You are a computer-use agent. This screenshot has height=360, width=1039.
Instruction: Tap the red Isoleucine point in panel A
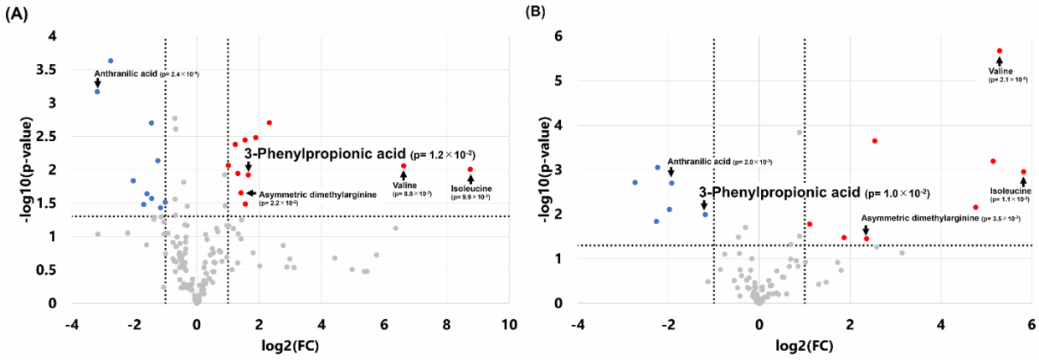pos(470,169)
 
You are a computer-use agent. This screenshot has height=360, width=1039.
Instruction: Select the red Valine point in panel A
pos(404,166)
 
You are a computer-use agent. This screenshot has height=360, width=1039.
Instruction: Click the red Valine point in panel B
pos(999,51)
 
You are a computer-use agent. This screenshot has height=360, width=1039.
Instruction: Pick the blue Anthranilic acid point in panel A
pos(97,91)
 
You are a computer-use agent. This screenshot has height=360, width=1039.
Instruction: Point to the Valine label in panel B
pos(1001,71)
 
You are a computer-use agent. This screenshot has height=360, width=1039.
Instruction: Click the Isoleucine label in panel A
pos(470,188)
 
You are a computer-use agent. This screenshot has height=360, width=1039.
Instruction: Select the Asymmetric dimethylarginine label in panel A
pos(316,195)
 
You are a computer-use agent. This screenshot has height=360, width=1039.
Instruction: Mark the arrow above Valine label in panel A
pos(404,175)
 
